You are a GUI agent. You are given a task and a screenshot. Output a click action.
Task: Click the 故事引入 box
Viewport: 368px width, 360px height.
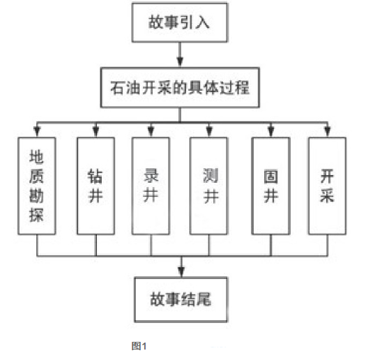[180, 22]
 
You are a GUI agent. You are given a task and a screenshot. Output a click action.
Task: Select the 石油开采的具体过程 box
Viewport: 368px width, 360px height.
[180, 88]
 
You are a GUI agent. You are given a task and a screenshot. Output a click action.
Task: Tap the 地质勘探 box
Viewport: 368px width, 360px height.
[37, 186]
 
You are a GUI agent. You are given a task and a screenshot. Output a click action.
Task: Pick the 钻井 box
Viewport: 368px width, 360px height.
[95, 186]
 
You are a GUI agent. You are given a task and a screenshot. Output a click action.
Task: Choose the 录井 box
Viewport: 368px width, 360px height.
[151, 186]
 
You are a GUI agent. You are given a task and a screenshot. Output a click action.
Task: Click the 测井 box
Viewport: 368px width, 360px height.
[208, 186]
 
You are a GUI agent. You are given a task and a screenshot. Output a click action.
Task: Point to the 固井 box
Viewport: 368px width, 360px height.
[271, 186]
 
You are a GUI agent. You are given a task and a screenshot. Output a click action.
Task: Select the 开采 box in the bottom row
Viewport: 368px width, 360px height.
[328, 186]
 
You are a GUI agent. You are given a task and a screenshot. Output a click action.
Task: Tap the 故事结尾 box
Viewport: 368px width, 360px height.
[181, 299]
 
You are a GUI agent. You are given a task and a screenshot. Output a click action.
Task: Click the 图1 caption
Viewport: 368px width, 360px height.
[139, 346]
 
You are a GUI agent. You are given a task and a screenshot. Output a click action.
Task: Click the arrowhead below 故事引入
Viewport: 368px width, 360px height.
[180, 61]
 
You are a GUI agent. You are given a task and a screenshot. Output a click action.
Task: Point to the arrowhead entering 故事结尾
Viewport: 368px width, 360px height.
[181, 272]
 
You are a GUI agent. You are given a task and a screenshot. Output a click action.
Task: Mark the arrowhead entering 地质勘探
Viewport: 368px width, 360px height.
[37, 132]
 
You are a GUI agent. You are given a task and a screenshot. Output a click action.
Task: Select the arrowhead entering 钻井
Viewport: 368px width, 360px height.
[95, 132]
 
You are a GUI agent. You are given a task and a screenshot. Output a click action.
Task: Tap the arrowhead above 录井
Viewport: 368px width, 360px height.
[151, 132]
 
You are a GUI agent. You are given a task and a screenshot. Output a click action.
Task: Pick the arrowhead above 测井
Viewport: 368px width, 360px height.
[209, 132]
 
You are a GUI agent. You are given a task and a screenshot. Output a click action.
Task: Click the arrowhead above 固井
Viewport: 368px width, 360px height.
[271, 132]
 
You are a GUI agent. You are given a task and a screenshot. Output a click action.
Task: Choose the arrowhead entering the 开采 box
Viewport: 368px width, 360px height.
[328, 132]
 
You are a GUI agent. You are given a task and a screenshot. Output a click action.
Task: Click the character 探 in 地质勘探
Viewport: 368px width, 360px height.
[36, 215]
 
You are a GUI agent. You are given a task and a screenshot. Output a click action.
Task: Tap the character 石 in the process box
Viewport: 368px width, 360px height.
[118, 88]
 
